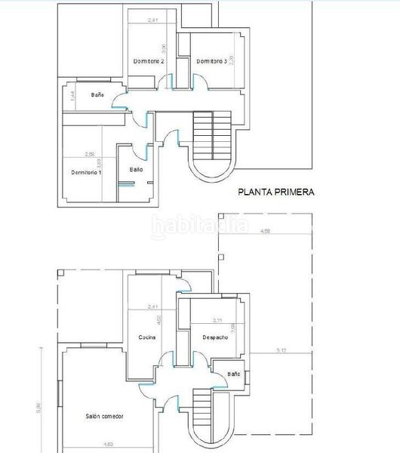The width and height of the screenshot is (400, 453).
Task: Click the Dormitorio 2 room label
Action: pos(149,61)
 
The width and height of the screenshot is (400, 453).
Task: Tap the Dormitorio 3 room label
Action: pos(211,61)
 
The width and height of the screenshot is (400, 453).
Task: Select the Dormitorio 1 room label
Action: pos(86,172)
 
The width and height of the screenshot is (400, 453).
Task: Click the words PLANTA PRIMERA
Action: pos(276,193)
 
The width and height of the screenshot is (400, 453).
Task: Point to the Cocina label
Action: pos(147,337)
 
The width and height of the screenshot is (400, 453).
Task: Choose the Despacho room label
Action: pos(215,337)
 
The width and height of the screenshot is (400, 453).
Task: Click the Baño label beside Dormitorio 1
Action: pos(136,169)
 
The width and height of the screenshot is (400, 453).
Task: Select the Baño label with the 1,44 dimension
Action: pos(97,95)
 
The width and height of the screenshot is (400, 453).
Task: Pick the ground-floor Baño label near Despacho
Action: pos(233,374)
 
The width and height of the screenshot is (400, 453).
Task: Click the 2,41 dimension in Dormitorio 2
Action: pos(153,19)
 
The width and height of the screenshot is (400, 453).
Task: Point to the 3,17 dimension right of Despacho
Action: pos(282,350)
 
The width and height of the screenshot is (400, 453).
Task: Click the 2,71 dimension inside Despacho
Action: pos(217,320)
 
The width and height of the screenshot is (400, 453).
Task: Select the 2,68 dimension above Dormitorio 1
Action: pos(90,154)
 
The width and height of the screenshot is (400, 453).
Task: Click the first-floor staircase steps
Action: pos(212,133)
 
